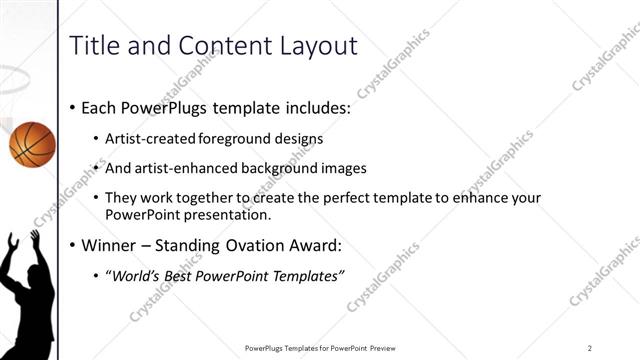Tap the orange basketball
pos(31,144)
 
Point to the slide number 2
pos(590,347)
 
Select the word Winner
pos(108,245)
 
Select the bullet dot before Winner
pos(74,245)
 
